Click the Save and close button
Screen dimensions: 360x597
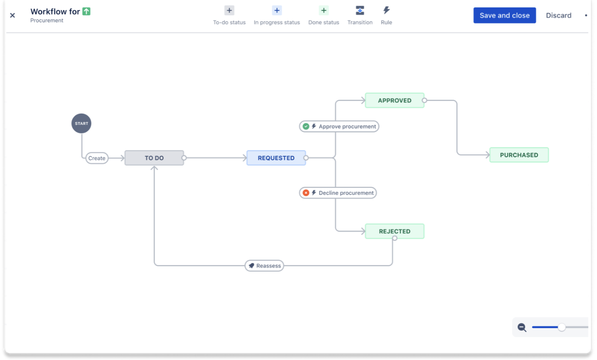click(504, 15)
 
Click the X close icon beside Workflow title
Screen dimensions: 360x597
click(13, 15)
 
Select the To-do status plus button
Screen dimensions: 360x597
click(229, 11)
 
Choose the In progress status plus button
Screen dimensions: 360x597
click(277, 11)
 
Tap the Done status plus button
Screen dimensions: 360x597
click(324, 11)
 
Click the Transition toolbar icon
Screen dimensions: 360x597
click(360, 11)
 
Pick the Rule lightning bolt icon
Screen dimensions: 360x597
click(386, 11)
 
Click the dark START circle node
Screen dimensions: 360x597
click(81, 123)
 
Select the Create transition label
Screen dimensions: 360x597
click(97, 158)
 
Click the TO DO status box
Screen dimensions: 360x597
click(154, 158)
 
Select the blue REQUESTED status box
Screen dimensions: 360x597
click(276, 158)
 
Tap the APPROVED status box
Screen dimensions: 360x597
click(394, 100)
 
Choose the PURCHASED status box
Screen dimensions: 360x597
click(519, 155)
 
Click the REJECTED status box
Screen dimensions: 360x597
click(394, 231)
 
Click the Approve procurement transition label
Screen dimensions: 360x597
click(339, 126)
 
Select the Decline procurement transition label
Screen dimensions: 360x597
click(337, 193)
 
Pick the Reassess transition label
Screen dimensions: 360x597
click(264, 266)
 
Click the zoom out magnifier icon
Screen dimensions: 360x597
click(522, 328)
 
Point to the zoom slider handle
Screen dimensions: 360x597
click(562, 328)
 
